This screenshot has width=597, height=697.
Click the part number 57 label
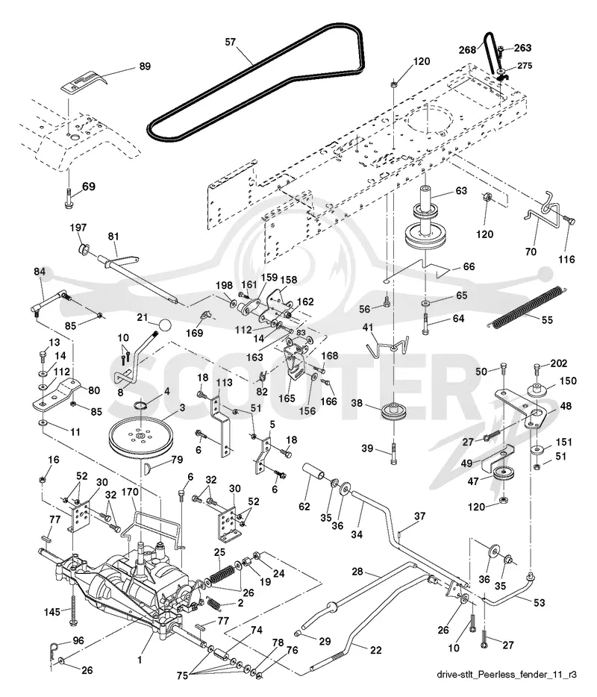click(x=231, y=43)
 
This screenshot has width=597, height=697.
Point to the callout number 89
click(x=145, y=66)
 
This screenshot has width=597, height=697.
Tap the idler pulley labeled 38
click(x=393, y=410)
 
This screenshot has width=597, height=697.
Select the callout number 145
click(x=52, y=612)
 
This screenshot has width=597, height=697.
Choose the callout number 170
click(x=130, y=492)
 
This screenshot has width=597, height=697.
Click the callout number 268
click(x=468, y=50)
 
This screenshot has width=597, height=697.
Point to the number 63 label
click(x=461, y=191)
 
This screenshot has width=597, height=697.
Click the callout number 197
click(x=78, y=228)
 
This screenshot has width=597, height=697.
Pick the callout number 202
click(x=559, y=363)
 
